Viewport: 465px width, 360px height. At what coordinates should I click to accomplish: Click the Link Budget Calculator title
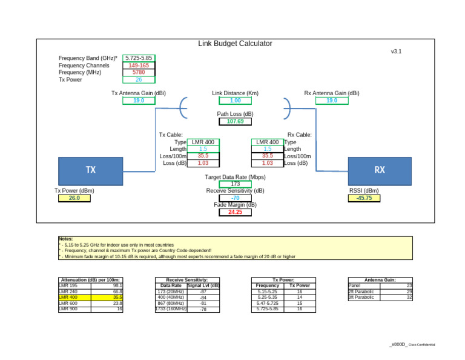[x=235, y=44]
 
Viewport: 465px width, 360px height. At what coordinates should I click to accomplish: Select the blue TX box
[x=90, y=170]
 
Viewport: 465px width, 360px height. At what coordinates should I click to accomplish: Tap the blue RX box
[x=379, y=170]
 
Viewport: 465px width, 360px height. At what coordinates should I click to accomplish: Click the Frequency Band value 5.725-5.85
[x=139, y=58]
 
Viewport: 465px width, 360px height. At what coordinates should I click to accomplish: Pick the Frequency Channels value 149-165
[x=139, y=65]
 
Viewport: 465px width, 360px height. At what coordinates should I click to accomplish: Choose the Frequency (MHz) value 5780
[x=139, y=72]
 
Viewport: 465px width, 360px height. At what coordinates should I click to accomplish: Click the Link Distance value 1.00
[x=235, y=101]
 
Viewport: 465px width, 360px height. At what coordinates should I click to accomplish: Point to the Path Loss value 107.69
[x=235, y=121]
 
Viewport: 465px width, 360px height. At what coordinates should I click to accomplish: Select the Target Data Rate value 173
[x=235, y=184]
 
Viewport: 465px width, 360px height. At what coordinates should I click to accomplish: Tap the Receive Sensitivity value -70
[x=235, y=198]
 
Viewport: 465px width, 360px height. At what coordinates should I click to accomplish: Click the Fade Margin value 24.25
[x=235, y=212]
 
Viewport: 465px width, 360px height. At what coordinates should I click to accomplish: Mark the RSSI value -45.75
[x=364, y=198]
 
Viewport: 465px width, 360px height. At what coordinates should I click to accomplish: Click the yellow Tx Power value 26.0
[x=74, y=198]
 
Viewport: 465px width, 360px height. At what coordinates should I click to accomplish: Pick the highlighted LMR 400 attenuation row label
[x=68, y=298]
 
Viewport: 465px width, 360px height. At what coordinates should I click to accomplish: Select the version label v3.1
[x=396, y=52]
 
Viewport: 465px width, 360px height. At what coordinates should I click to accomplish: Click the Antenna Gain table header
[x=380, y=280]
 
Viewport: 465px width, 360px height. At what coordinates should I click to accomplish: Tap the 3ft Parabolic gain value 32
[x=409, y=297]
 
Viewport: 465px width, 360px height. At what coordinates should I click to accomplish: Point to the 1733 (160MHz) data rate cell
[x=170, y=309]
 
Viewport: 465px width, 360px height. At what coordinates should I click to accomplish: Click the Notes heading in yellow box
[x=65, y=239]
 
